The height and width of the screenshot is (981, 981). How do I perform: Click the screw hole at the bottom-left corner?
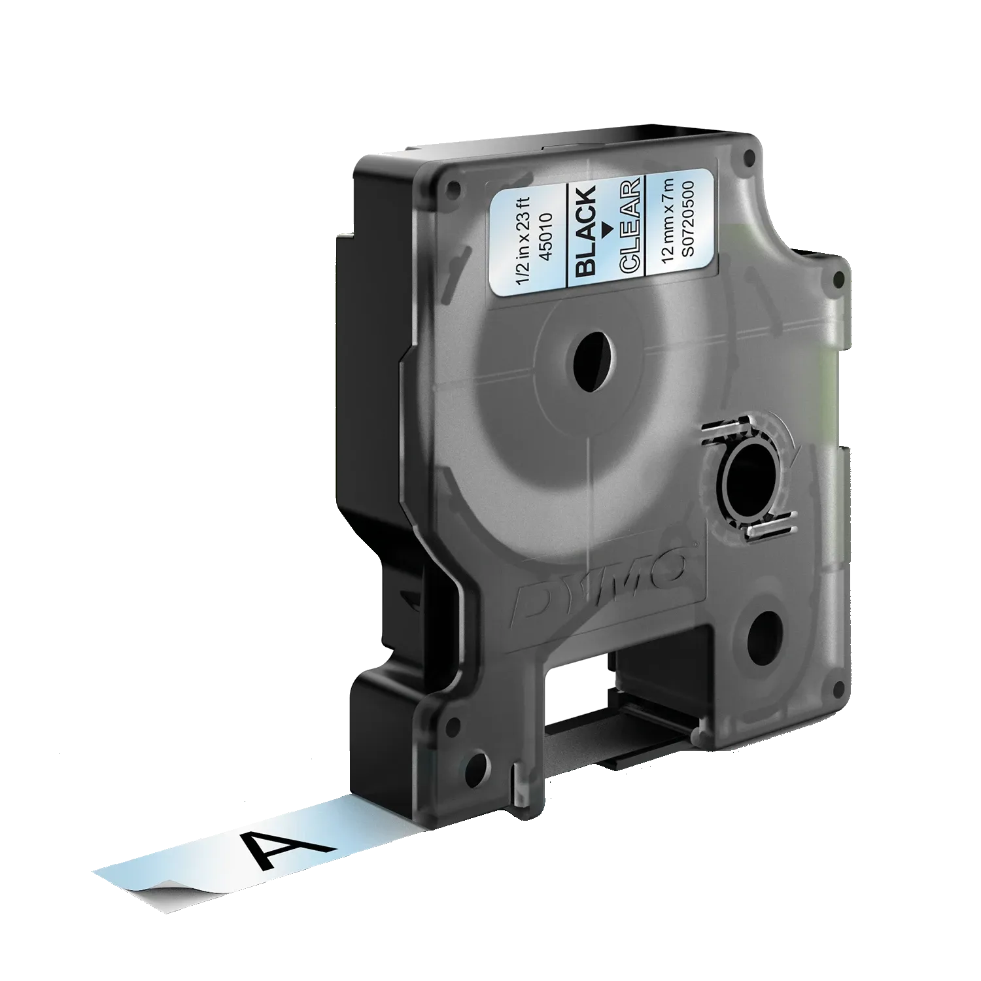[x=478, y=763]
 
